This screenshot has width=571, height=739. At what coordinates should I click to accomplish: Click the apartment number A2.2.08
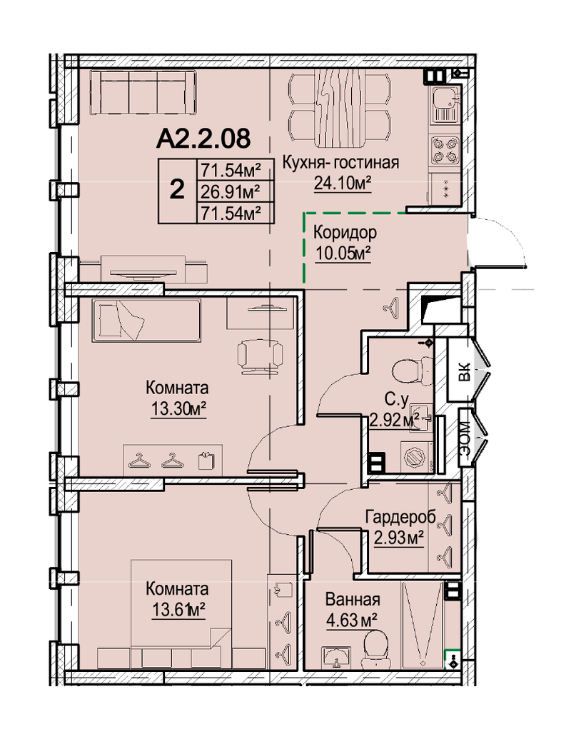203,139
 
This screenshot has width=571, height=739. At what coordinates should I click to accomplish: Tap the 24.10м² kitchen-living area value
343,183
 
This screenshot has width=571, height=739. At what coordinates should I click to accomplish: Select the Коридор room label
345,232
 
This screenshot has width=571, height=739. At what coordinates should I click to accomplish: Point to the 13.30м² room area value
179,409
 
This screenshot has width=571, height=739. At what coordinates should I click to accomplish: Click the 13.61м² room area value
178,610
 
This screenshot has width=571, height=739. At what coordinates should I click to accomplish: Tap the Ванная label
353,600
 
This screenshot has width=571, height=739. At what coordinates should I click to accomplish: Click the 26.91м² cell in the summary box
231,192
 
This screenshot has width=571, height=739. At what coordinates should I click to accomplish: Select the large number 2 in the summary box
177,190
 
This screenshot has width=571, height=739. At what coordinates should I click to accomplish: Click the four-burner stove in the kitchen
445,149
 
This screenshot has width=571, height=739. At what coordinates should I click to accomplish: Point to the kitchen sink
445,105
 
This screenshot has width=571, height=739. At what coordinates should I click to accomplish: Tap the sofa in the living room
143,92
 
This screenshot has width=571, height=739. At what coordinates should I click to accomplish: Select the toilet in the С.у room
412,370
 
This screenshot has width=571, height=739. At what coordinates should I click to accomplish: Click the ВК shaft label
464,372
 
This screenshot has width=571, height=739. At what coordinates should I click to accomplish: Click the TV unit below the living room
143,269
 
